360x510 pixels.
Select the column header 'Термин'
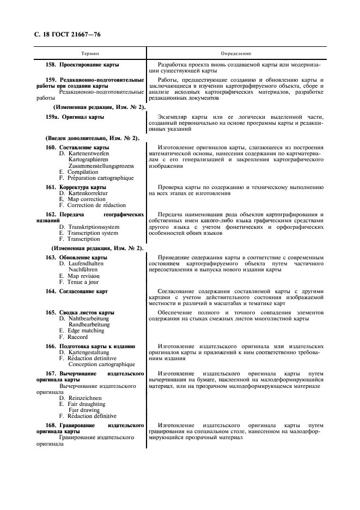click(90, 54)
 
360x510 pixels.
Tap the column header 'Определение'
click(236, 54)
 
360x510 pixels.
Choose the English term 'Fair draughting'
click(87, 404)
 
